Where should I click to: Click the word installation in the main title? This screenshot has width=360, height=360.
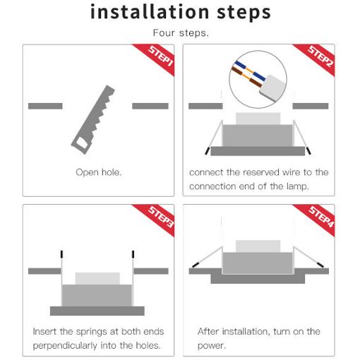tap(150, 12)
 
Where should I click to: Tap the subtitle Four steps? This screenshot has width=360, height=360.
tap(181, 32)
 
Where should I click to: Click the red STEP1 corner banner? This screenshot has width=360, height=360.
tap(157, 58)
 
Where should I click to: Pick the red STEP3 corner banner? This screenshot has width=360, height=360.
tap(157, 218)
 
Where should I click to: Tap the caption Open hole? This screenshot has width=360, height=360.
tap(99, 172)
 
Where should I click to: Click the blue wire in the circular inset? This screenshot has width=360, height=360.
tap(250, 71)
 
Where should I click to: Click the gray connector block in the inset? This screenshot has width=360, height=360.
tap(273, 88)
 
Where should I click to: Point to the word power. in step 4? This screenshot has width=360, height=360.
tap(212, 346)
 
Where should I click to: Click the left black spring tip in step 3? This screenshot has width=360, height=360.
tap(61, 254)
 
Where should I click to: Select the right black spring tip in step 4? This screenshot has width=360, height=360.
tap(320, 265)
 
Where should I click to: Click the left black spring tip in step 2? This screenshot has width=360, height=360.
tap(207, 151)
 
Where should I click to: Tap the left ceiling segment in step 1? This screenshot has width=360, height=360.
tap(45, 106)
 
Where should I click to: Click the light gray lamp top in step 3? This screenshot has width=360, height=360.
tap(97, 279)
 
